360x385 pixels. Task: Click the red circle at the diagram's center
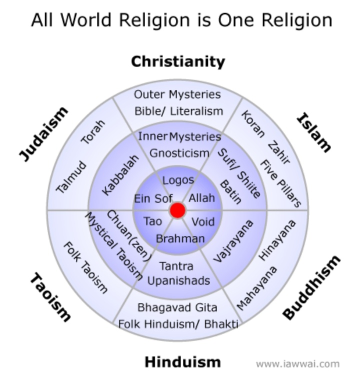click(x=177, y=210)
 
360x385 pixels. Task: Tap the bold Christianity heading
click(x=178, y=62)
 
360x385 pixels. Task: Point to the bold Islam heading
click(x=314, y=132)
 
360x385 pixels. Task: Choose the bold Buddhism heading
click(x=311, y=286)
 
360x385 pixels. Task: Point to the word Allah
click(x=201, y=198)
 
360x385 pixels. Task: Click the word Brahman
click(x=180, y=239)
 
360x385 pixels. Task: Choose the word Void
click(x=203, y=221)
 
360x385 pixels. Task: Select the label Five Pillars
click(x=280, y=183)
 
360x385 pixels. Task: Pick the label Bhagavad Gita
click(x=177, y=307)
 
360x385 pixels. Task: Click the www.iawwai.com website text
click(x=297, y=364)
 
